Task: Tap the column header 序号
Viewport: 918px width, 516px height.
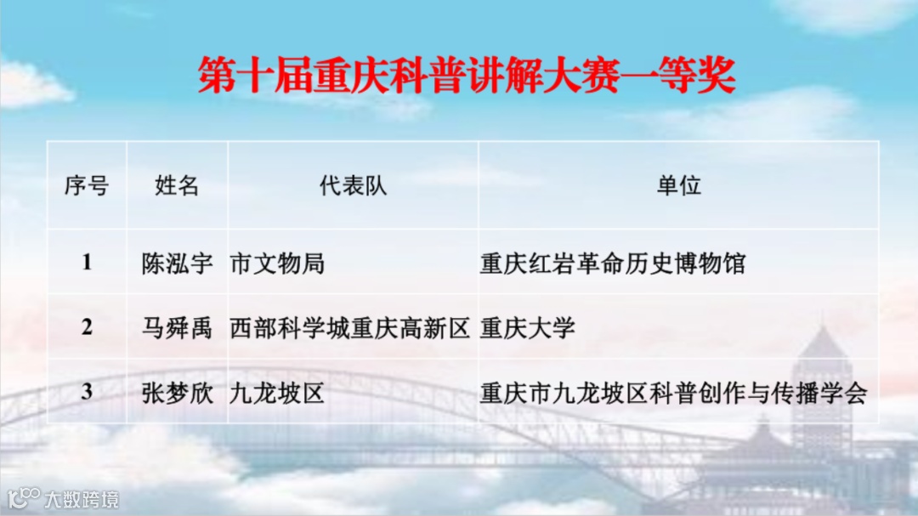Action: (87, 186)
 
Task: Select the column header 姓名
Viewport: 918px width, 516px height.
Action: (177, 186)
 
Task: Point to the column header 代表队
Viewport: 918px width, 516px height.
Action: (353, 186)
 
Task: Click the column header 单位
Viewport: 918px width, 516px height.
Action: (678, 186)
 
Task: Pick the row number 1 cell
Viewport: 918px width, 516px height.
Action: (87, 263)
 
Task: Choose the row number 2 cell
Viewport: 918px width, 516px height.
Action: (87, 327)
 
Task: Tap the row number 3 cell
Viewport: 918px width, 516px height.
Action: (87, 392)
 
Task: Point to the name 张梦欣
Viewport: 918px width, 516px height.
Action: (177, 393)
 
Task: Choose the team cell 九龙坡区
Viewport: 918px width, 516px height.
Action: (277, 393)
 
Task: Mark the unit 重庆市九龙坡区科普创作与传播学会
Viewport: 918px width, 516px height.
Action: (672, 393)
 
